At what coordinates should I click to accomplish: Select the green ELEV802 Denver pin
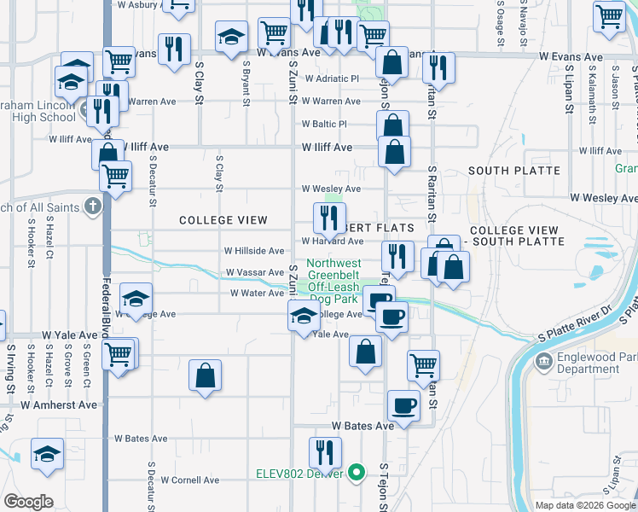[x=359, y=471]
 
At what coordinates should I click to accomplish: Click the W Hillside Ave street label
[x=253, y=251]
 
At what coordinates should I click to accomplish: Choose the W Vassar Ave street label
[x=254, y=272]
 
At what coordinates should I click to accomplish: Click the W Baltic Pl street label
[x=324, y=124]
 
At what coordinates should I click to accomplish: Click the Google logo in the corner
[x=28, y=502]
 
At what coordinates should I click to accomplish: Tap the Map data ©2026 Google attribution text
[x=585, y=505]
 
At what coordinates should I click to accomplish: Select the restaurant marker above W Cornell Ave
[x=325, y=453]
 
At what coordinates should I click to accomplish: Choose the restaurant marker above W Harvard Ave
[x=328, y=218]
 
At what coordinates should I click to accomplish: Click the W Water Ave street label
[x=257, y=293]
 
